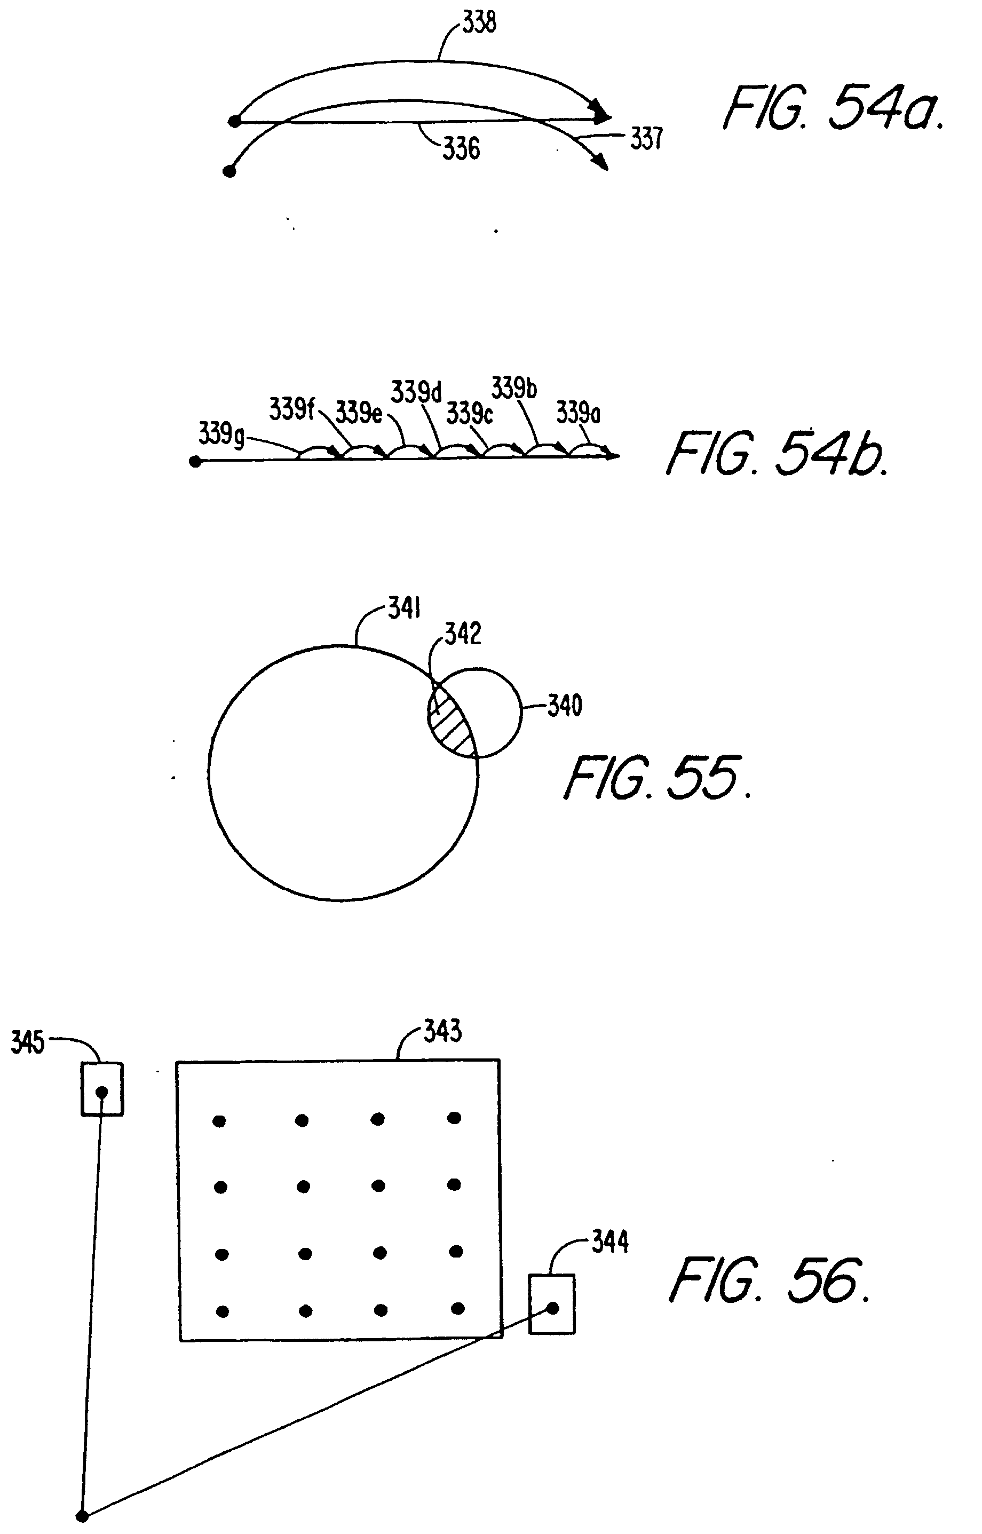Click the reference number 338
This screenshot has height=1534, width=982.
[479, 23]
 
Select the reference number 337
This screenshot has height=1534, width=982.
[647, 138]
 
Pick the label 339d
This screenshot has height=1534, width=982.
[416, 392]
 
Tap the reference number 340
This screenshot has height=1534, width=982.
[565, 706]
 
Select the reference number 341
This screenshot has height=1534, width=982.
[405, 608]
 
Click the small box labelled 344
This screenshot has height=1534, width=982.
[552, 1303]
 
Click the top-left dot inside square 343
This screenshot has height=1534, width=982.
[219, 1120]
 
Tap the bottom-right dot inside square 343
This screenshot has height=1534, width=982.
[457, 1309]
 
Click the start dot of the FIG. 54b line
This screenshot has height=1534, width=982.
[195, 461]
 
